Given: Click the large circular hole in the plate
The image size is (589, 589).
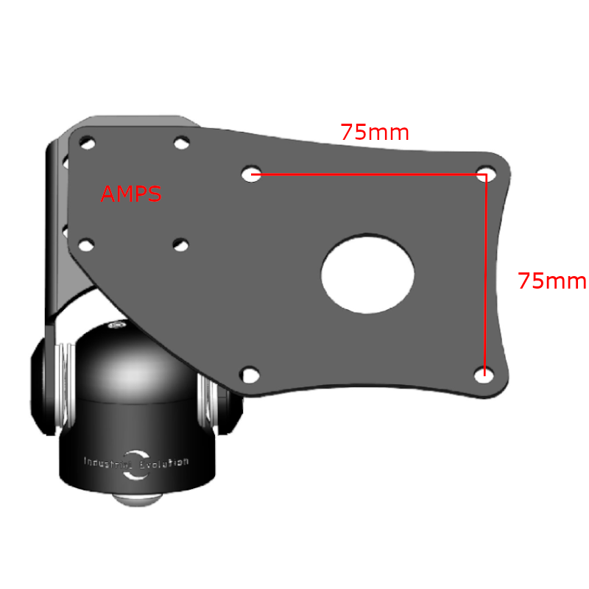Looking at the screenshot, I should [x=367, y=274].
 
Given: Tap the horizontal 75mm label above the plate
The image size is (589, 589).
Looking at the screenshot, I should [x=375, y=133].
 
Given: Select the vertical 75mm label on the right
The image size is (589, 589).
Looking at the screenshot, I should [x=551, y=281].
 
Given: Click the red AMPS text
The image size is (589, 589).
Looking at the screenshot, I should [x=131, y=194].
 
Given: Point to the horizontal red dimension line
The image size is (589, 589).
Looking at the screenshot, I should [x=368, y=174].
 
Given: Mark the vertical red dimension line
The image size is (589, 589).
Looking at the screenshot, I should [x=485, y=272].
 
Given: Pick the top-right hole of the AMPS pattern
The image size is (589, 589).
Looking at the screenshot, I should [x=180, y=143].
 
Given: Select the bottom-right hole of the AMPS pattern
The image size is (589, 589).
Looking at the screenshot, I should [x=180, y=244].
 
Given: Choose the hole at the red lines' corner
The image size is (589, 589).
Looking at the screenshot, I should [x=484, y=174].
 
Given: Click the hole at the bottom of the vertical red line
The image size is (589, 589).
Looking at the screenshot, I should [x=483, y=375].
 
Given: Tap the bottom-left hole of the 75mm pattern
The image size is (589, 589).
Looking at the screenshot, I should [x=251, y=375].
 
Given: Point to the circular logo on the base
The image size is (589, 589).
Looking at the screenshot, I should [x=135, y=465].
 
